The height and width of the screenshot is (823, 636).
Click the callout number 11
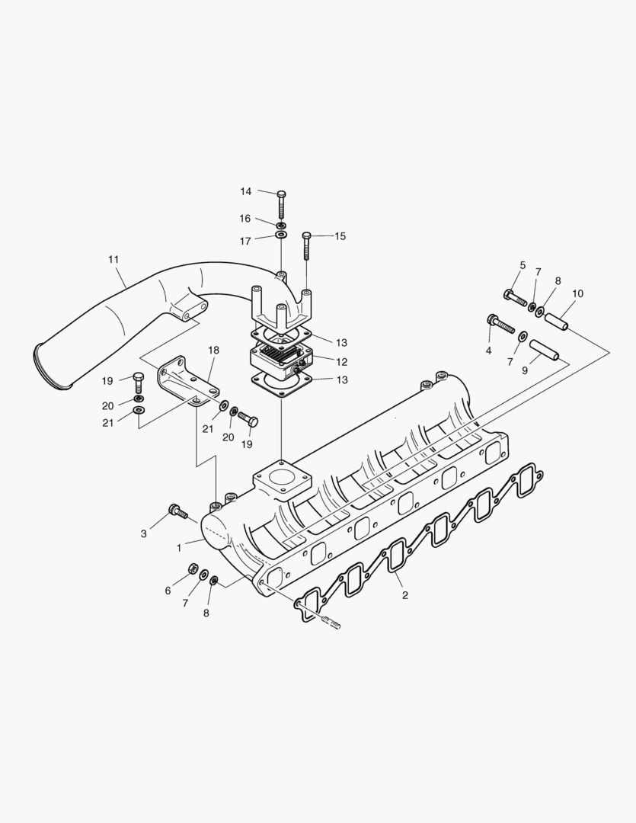pos(113,260)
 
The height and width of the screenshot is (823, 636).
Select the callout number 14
pos(246,191)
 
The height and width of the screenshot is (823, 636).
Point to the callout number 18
pos(213,350)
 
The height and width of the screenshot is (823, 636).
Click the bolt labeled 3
pos(179,511)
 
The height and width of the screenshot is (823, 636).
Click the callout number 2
pos(405,594)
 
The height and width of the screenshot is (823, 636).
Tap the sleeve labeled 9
pos(544,350)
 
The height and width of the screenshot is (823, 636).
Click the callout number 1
pos(179,547)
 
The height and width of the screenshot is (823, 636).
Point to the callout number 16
pos(245,219)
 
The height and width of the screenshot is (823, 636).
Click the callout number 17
pos(245,242)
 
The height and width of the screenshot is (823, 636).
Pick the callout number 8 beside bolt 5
pos(558,280)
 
